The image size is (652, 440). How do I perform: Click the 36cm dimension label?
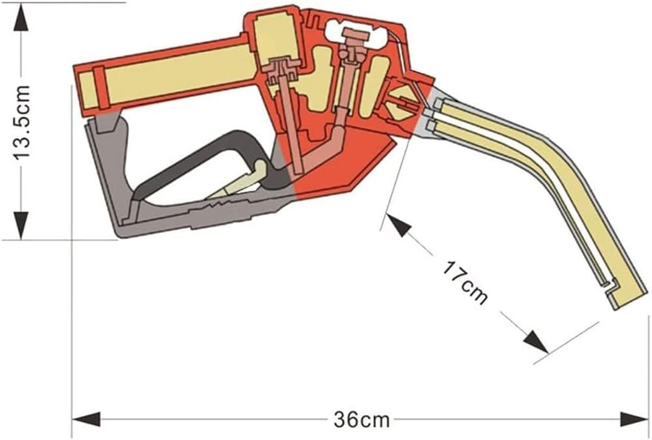coord(361,420)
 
